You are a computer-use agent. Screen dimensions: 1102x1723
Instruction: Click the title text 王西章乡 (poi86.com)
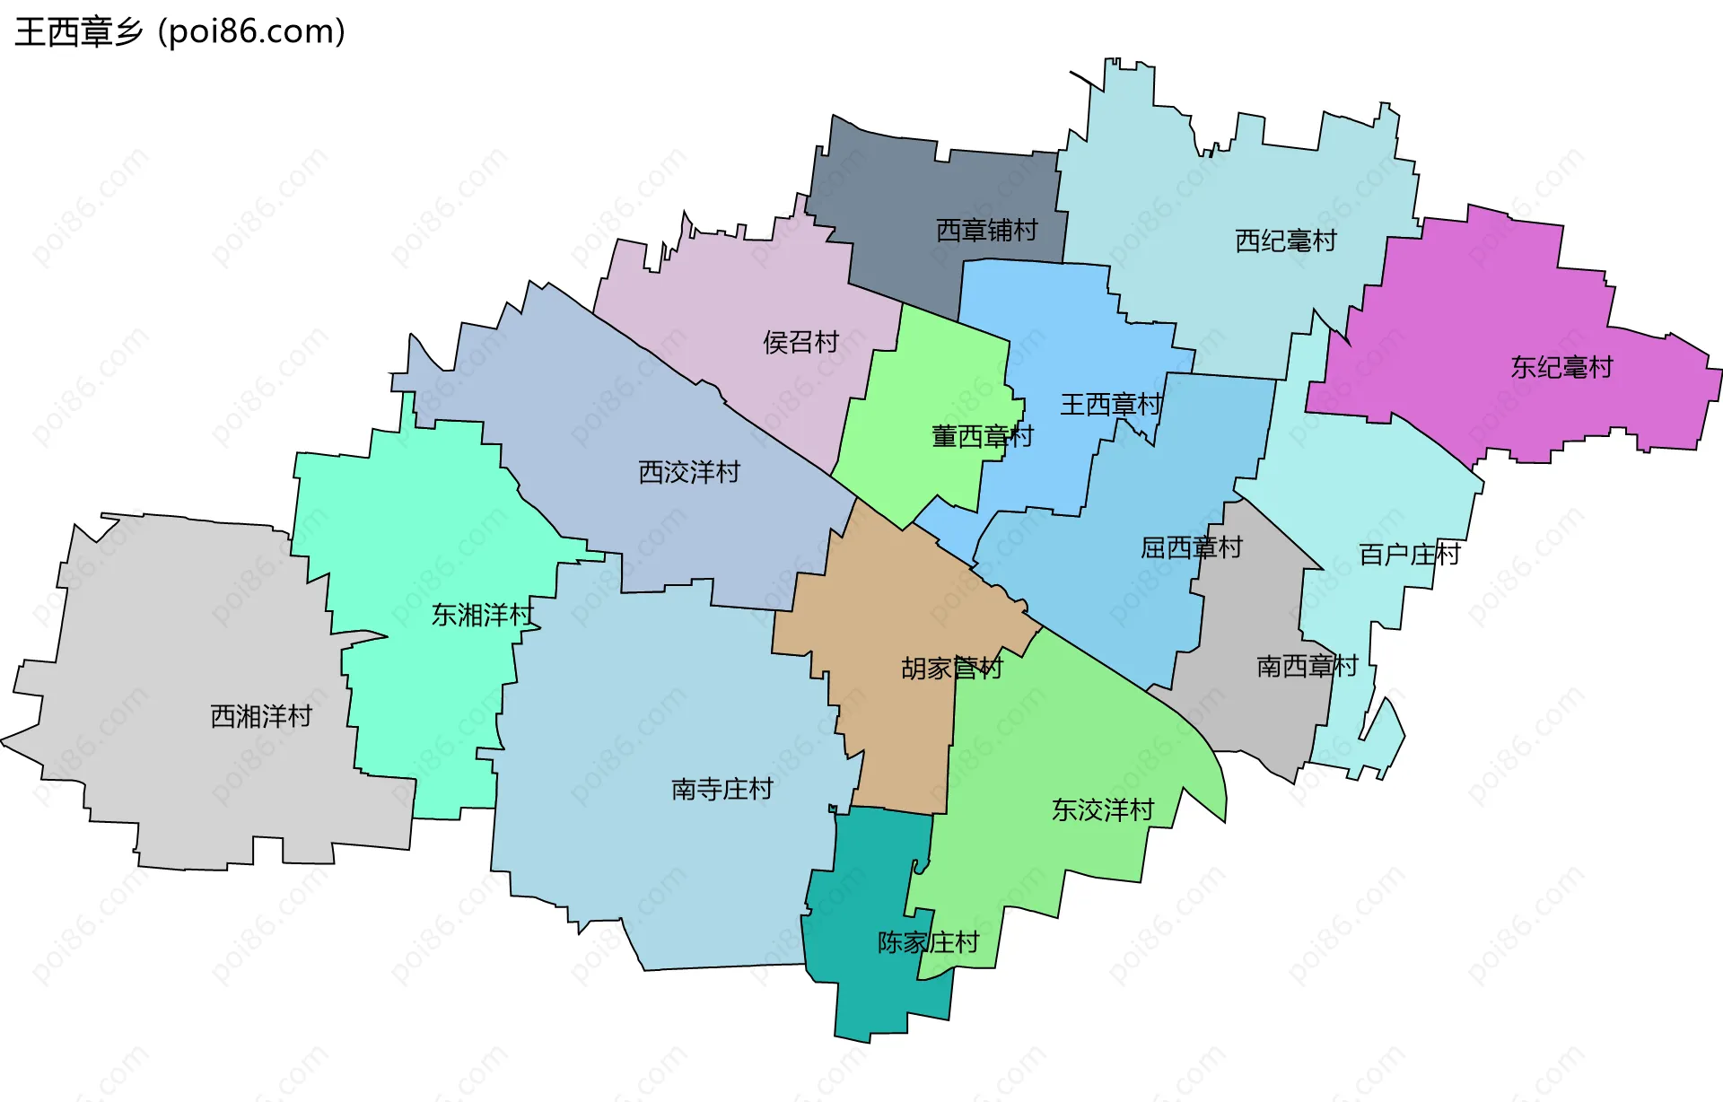(179, 32)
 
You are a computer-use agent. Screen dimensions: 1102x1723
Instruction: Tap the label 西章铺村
(986, 231)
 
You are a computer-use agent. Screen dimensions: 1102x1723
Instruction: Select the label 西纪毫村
(1285, 241)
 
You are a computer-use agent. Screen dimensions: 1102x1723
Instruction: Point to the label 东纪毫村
(1561, 367)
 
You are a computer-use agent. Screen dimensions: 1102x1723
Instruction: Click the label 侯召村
(800, 342)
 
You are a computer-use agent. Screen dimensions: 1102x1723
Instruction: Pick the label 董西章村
(982, 437)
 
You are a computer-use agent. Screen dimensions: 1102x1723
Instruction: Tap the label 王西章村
(1111, 405)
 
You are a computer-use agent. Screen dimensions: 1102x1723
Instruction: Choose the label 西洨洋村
(688, 472)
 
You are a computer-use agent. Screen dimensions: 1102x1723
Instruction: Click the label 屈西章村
(1191, 547)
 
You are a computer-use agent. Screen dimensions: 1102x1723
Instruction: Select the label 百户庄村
(1409, 555)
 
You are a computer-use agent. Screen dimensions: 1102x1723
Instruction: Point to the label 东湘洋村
(483, 615)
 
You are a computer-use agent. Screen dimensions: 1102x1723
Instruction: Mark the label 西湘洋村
(260, 716)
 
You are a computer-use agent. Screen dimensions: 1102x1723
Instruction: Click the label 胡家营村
(951, 669)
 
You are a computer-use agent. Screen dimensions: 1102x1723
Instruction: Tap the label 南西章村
(1307, 666)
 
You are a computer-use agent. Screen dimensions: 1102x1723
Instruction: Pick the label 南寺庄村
(722, 789)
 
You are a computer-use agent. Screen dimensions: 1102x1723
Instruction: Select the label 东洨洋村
(1102, 810)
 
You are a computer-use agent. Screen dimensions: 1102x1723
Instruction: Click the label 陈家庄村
(928, 942)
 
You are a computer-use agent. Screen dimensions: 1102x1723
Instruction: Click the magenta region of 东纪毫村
(1481, 296)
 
